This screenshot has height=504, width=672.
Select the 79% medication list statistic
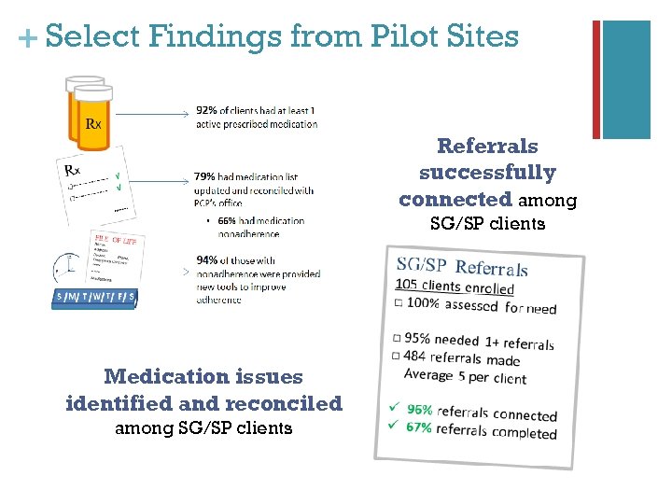[204, 175]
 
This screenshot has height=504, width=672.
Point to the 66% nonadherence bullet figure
[226, 221]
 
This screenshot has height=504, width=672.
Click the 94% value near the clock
[206, 260]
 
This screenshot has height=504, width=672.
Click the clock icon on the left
[64, 270]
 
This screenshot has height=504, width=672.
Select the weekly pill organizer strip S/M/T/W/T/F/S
[94, 298]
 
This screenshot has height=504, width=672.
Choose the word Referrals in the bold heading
[487, 147]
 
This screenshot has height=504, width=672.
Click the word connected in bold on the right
[455, 200]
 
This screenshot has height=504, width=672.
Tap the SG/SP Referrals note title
[463, 267]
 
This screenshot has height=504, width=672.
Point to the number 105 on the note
[407, 284]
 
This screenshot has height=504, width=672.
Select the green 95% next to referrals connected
[420, 409]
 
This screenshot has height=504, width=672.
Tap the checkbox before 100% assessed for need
[399, 302]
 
